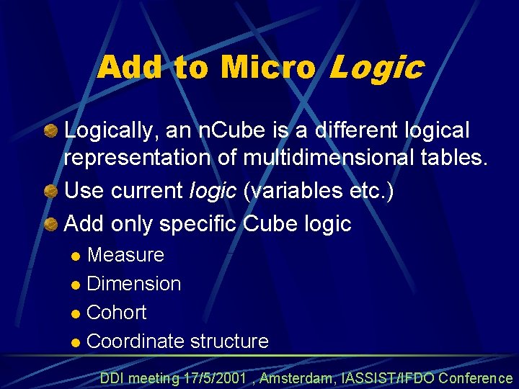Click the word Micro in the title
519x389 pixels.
pos(268,68)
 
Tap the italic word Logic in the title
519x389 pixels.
pos(376,68)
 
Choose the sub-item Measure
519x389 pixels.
pos(125,255)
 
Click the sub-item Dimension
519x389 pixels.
pos(133,284)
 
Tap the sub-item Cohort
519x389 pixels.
pos(116,313)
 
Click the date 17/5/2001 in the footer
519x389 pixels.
pos(216,378)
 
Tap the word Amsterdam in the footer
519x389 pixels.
pos(296,378)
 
